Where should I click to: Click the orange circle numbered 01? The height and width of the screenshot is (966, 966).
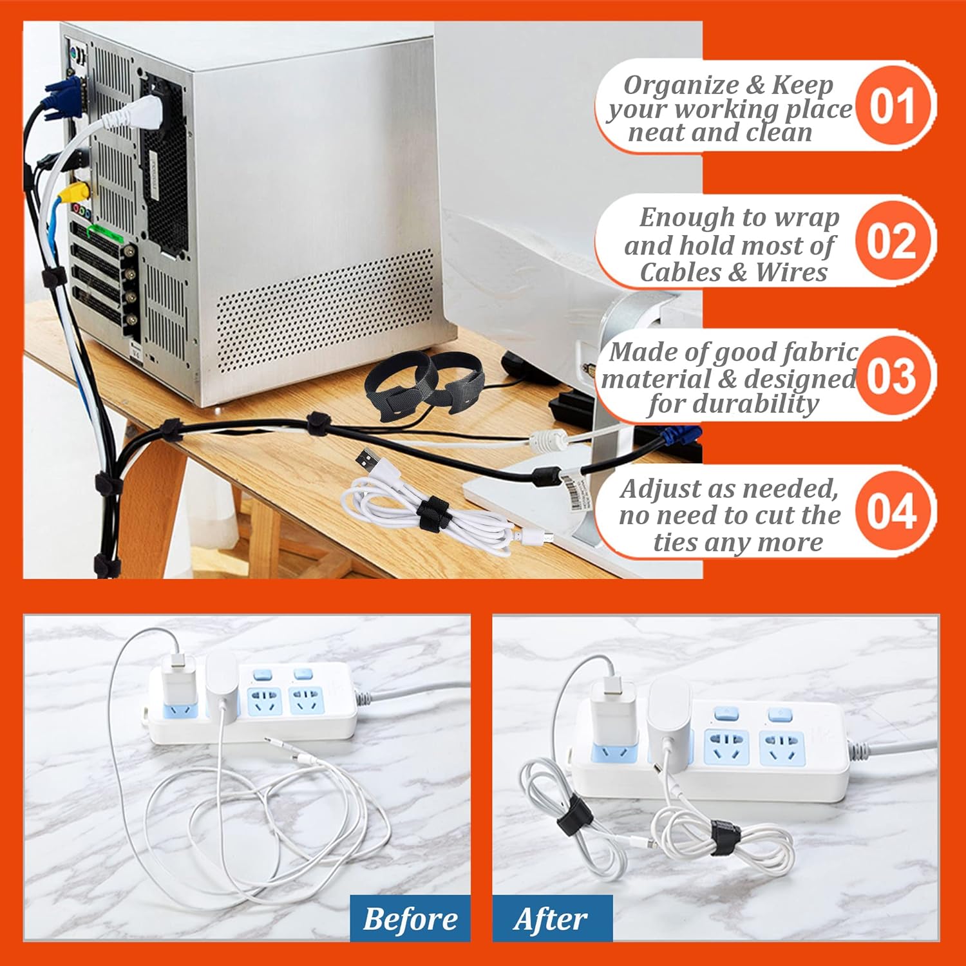point(892,106)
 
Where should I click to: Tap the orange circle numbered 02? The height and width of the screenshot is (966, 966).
point(892,241)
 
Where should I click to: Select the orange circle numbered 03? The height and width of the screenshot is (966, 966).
point(892,375)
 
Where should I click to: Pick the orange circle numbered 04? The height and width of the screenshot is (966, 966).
point(892,511)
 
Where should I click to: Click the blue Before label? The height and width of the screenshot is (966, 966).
point(410,918)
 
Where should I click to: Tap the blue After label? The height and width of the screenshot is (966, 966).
point(552,918)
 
